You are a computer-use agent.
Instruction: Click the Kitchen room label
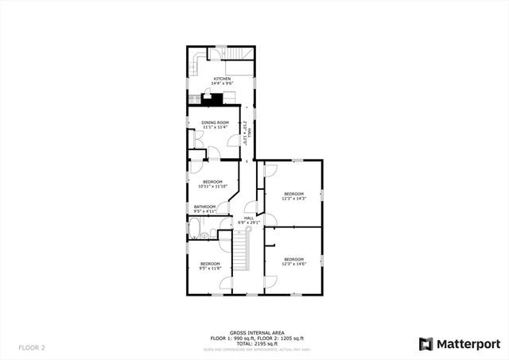tap(221, 79)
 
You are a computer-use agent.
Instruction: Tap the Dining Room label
tap(215, 122)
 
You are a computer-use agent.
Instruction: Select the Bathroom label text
tap(204, 207)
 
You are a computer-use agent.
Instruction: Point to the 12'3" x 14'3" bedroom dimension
tap(294, 199)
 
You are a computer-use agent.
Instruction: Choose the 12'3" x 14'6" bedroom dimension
tap(294, 264)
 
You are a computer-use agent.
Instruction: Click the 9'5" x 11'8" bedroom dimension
tap(210, 269)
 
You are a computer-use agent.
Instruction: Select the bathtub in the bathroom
tap(194, 230)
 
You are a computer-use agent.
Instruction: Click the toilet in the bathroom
tap(205, 235)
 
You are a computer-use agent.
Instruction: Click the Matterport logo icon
tap(426, 343)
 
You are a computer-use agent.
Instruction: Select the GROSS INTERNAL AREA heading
tap(254, 333)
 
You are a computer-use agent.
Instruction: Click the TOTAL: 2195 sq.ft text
tap(254, 343)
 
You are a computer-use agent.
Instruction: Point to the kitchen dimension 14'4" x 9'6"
tap(221, 83)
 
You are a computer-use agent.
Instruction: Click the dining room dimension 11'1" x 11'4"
tap(215, 127)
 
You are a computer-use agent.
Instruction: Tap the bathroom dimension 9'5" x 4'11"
tap(204, 211)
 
